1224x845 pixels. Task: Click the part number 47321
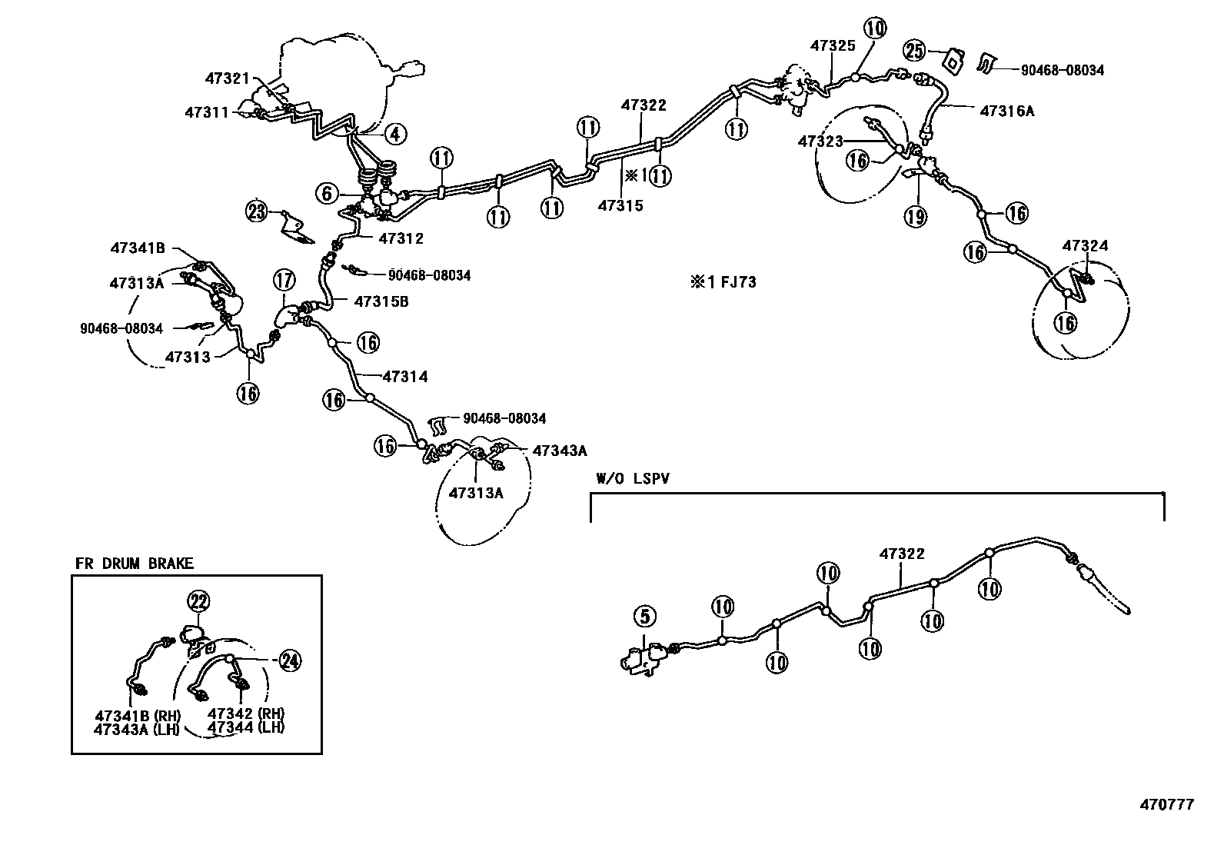[228, 78]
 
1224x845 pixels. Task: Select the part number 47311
[207, 112]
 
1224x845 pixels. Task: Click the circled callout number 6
[328, 193]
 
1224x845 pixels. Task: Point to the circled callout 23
[257, 210]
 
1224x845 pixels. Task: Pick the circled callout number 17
[283, 279]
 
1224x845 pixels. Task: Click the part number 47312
[401, 238]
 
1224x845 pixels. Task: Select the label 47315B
[381, 301]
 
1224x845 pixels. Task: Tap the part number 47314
[404, 377]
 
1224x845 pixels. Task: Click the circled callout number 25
[913, 51]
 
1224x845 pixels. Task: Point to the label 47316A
[1006, 111]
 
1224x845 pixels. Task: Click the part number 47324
[1085, 246]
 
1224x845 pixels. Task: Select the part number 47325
[832, 46]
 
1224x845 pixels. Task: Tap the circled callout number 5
[644, 616]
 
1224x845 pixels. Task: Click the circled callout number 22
[198, 601]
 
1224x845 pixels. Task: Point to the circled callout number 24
[290, 660]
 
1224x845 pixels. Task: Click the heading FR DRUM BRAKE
[135, 564]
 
